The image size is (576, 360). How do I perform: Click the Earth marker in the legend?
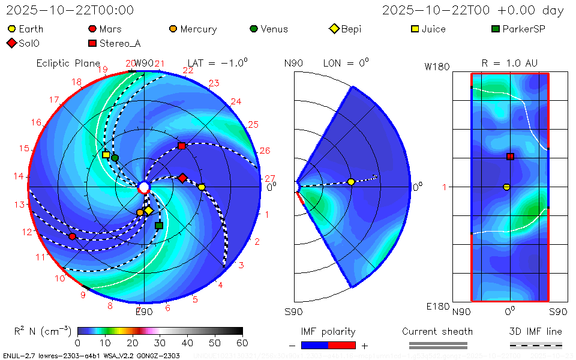(x=11, y=29)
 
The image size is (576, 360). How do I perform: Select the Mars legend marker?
(x=92, y=29)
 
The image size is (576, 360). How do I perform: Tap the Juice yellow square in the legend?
(x=415, y=29)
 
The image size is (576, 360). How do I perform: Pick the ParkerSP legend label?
(x=523, y=29)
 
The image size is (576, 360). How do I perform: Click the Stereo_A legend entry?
(x=120, y=43)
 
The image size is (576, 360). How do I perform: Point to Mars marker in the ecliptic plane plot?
(x=73, y=236)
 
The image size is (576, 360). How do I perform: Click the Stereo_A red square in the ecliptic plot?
(x=182, y=146)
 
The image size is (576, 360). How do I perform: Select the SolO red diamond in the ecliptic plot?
(x=182, y=178)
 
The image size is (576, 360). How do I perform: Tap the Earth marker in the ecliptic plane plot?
(x=202, y=187)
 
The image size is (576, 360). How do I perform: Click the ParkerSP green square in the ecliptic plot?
(x=159, y=226)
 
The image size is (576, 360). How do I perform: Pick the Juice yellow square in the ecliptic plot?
(x=106, y=155)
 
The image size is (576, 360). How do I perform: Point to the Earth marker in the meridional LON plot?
(x=351, y=182)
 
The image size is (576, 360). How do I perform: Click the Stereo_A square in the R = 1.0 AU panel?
(x=510, y=157)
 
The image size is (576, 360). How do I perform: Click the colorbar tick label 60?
(x=242, y=343)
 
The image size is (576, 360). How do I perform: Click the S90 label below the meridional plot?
(x=293, y=312)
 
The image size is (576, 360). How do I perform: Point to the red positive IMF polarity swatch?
(x=342, y=345)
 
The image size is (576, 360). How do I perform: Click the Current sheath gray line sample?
(x=437, y=345)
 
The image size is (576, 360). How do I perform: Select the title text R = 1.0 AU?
(x=509, y=63)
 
